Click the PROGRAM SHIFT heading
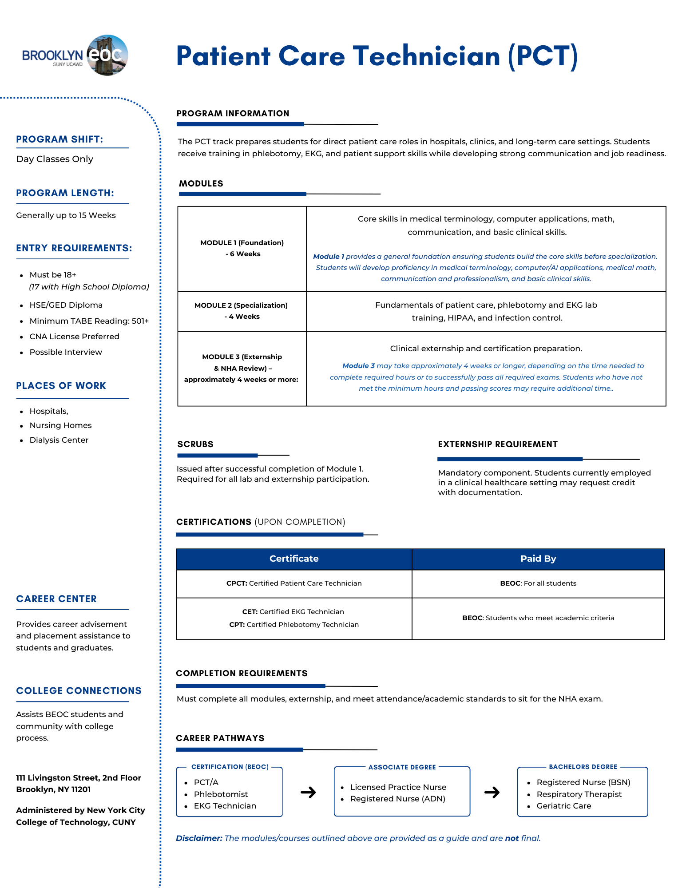point(59,139)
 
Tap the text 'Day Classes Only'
point(55,159)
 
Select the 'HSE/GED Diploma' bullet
point(66,305)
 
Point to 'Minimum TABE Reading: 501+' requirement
point(89,321)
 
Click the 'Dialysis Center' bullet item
point(59,440)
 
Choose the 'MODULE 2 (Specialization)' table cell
point(242,311)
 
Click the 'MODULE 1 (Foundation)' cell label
point(242,243)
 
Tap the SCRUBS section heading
point(195,444)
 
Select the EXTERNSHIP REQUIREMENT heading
point(498,444)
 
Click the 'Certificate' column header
point(294,559)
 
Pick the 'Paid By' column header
point(538,559)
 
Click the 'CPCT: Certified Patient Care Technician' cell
point(294,583)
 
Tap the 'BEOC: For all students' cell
point(538,583)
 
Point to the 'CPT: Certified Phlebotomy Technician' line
point(294,625)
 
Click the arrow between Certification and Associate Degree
point(308,792)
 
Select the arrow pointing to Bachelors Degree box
point(492,792)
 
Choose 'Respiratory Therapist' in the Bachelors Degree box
point(579,794)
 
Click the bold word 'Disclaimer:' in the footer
point(199,838)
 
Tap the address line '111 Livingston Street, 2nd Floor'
point(79,778)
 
